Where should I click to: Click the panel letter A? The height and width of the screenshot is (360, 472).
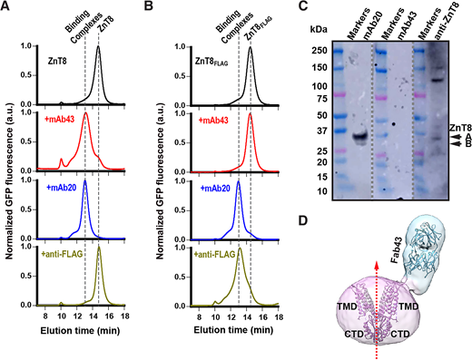6,7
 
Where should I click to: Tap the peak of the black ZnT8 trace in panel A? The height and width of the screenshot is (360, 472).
98,48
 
